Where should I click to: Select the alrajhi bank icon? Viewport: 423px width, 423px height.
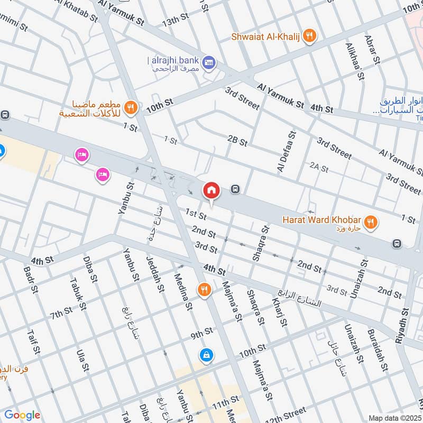[209, 62]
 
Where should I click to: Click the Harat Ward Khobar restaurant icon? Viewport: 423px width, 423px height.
[372, 222]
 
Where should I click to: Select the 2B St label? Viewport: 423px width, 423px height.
[237, 141]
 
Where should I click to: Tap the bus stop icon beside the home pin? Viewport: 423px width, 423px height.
[235, 189]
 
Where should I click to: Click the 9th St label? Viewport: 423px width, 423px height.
[201, 333]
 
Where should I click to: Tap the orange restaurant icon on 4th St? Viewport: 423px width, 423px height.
[204, 290]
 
